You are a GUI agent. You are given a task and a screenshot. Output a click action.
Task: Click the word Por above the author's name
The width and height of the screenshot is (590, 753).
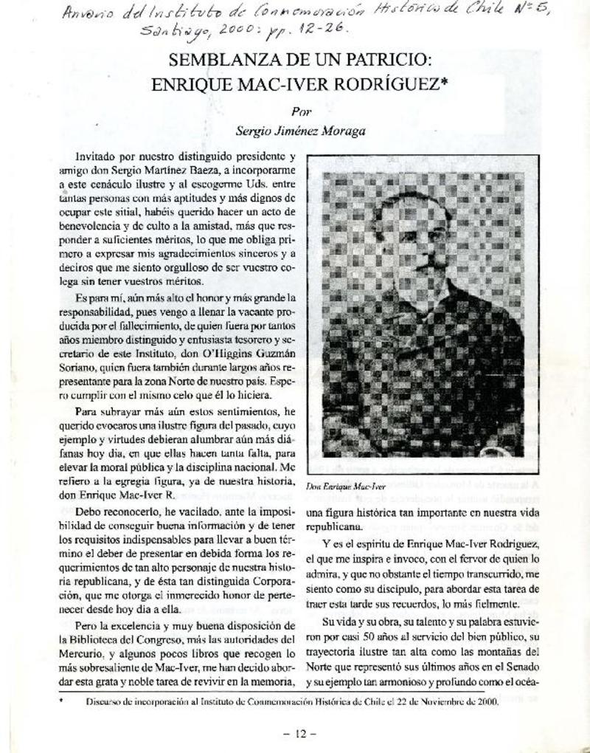coord(300,113)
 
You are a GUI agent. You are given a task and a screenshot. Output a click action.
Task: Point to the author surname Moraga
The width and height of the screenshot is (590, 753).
coord(342,131)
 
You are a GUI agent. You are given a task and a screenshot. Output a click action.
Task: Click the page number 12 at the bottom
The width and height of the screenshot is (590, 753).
coord(299,734)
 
